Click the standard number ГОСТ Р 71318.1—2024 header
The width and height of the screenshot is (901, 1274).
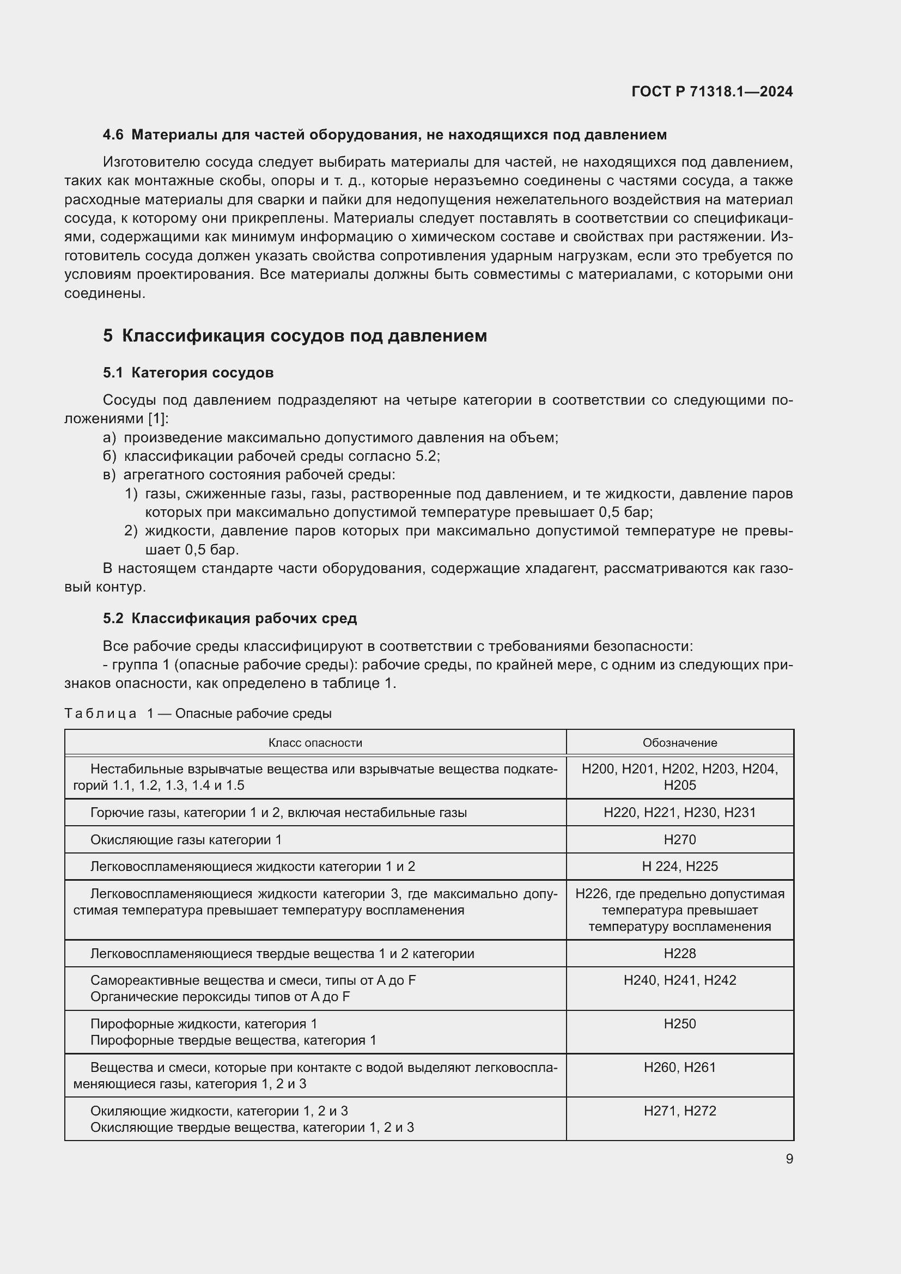(x=712, y=92)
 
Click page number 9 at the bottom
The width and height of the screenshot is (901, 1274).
(x=789, y=1159)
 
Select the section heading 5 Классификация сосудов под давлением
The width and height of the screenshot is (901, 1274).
(x=295, y=336)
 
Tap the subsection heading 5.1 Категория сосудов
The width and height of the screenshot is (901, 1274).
(x=188, y=373)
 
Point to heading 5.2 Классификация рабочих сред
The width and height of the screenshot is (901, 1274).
(x=230, y=618)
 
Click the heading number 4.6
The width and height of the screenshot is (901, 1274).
(x=113, y=135)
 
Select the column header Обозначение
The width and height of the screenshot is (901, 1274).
(x=680, y=742)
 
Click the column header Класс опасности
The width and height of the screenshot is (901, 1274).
(x=315, y=742)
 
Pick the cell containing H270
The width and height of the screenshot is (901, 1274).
(x=680, y=839)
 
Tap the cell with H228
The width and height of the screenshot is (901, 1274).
(x=680, y=953)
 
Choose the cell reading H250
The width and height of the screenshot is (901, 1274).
(x=680, y=1024)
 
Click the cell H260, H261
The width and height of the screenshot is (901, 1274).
(x=680, y=1067)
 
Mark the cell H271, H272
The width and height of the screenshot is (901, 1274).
(x=680, y=1111)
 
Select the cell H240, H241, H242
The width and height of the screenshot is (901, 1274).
(x=680, y=980)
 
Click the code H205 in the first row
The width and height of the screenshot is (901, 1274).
(x=680, y=785)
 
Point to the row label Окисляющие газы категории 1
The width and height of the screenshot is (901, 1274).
(x=186, y=839)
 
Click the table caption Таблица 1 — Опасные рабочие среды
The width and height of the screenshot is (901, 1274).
(x=198, y=714)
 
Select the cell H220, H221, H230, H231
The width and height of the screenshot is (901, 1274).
(x=680, y=812)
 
